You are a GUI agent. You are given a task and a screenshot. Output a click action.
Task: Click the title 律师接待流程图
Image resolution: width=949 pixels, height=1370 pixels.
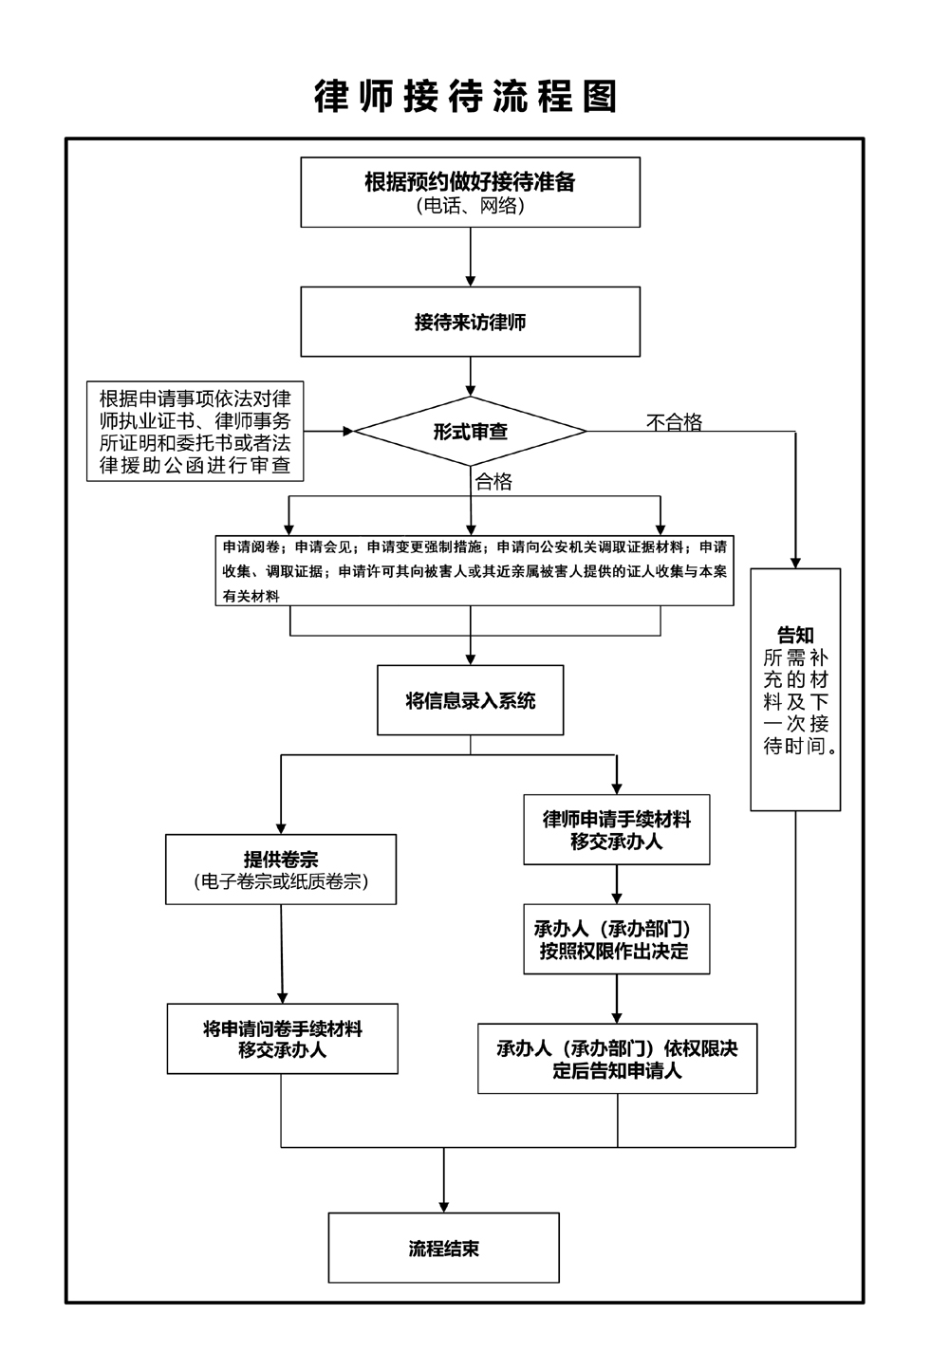click(x=466, y=97)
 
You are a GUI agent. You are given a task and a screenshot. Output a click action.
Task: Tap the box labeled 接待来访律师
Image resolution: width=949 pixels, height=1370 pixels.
click(x=470, y=323)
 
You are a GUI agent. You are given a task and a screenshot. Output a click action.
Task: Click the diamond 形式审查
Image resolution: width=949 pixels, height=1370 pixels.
click(x=470, y=432)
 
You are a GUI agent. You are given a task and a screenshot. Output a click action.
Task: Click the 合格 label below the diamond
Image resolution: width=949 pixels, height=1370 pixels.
click(x=493, y=482)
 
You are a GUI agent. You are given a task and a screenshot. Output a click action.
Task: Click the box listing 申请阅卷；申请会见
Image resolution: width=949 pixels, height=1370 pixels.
click(x=474, y=571)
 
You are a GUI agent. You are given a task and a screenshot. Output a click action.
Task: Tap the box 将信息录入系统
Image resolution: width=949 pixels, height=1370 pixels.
click(x=470, y=701)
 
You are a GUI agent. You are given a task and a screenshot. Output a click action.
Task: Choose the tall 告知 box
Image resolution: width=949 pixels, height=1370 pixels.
click(x=795, y=690)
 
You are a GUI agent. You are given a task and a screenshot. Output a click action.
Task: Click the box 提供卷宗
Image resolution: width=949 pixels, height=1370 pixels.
click(x=281, y=869)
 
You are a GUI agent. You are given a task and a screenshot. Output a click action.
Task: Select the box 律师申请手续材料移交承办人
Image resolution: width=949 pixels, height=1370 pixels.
click(x=617, y=829)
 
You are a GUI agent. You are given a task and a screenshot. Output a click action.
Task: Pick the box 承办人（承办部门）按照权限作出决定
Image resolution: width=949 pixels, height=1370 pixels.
click(x=617, y=939)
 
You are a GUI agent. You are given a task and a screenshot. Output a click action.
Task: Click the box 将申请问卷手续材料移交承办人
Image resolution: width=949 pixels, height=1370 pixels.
click(x=282, y=1039)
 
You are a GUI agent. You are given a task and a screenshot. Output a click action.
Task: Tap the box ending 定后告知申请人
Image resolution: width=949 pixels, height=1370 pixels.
click(x=617, y=1059)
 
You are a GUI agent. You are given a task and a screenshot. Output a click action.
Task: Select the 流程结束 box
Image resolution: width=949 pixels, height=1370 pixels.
click(x=443, y=1248)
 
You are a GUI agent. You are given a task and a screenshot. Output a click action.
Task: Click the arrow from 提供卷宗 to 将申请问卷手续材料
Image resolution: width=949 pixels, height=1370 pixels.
click(x=283, y=953)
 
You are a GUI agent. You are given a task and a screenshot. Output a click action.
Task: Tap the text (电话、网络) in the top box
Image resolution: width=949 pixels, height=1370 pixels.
click(x=470, y=205)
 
